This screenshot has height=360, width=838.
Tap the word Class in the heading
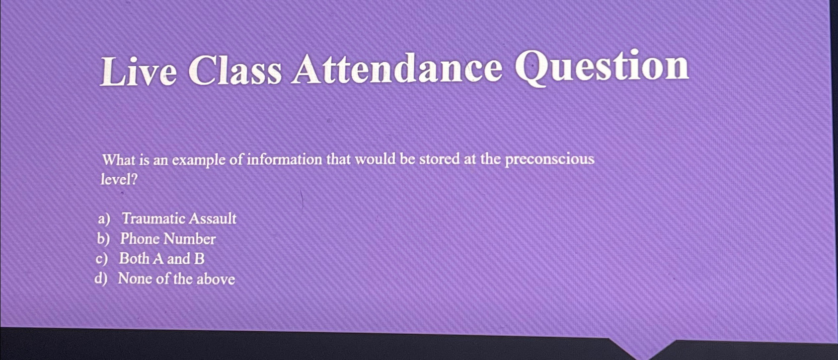pyautogui.click(x=234, y=70)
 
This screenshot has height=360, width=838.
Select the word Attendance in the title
pyautogui.click(x=397, y=69)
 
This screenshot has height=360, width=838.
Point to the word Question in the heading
pyautogui.click(x=602, y=67)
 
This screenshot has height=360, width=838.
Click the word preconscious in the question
pyautogui.click(x=549, y=159)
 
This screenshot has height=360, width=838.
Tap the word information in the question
pyautogui.click(x=285, y=159)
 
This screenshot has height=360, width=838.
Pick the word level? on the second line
pyautogui.click(x=119, y=179)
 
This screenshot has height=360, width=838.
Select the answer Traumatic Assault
pyautogui.click(x=179, y=218)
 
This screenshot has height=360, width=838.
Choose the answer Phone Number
pyautogui.click(x=168, y=239)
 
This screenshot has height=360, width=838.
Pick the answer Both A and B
pyautogui.click(x=161, y=259)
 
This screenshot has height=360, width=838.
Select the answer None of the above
pyautogui.click(x=176, y=279)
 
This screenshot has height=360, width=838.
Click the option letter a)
pyautogui.click(x=104, y=219)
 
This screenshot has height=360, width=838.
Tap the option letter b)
pyautogui.click(x=103, y=239)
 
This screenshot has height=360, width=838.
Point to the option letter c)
pyautogui.click(x=102, y=259)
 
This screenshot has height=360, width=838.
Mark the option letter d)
pyautogui.click(x=101, y=279)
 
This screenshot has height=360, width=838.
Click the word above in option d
pyautogui.click(x=216, y=279)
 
